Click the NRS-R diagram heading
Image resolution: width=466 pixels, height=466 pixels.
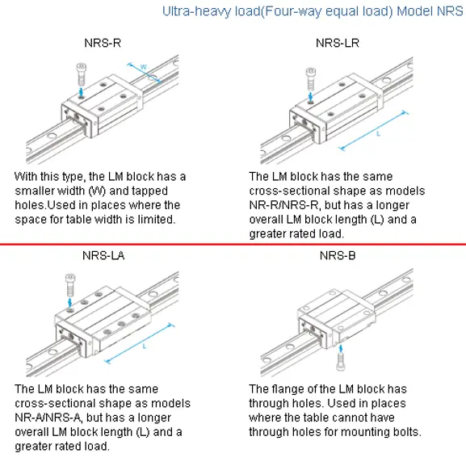coord(103,43)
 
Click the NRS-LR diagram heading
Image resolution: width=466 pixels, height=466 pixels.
coord(338,43)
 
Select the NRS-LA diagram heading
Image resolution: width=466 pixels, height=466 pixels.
coord(103,255)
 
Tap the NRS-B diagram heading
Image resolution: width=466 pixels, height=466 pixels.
coord(338,255)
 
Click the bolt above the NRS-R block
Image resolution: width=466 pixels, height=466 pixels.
coord(81,74)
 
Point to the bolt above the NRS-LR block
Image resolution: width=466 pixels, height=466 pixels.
coord(310,79)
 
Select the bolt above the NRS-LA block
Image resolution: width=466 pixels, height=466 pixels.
coord(70,285)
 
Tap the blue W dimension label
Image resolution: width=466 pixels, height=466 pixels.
coord(143,67)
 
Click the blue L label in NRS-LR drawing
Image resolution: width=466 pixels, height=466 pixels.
coord(378,134)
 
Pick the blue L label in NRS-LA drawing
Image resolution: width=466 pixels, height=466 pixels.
coord(145,346)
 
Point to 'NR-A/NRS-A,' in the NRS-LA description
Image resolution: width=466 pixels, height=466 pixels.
coord(49,418)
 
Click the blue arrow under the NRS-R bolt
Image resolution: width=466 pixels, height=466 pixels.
coord(81,91)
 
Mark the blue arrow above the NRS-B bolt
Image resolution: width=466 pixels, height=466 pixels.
coord(341,349)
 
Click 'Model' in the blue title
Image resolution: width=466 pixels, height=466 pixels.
coord(415,11)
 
